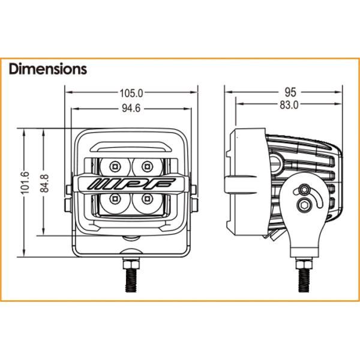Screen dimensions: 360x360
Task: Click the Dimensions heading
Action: point(48,69)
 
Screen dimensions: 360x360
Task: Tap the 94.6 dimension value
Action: point(132,108)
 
